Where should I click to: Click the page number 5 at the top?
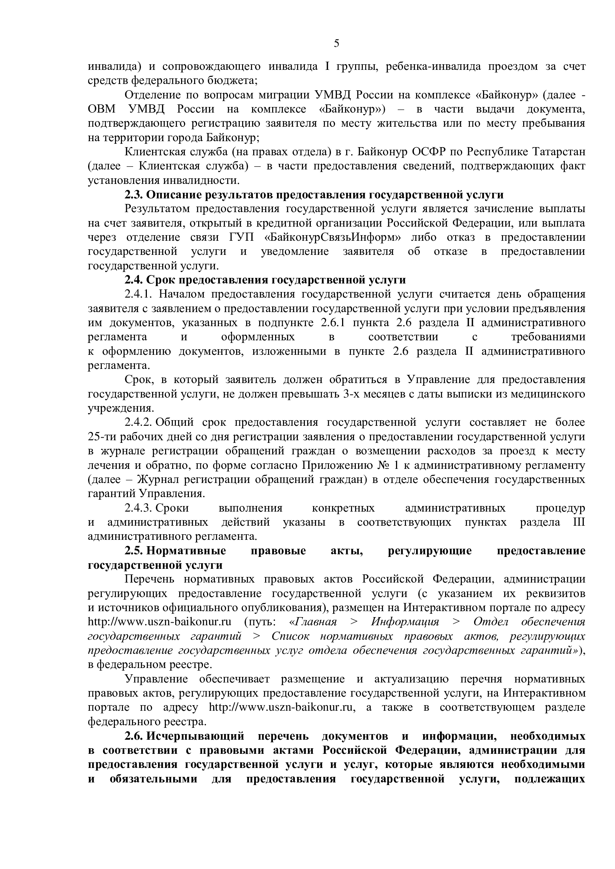[x=336, y=43]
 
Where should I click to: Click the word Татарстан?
[x=558, y=152]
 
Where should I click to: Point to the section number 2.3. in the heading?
[x=134, y=195]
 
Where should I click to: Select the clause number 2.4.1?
[x=138, y=294]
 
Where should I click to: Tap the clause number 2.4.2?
[x=138, y=422]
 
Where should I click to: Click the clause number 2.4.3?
[x=138, y=508]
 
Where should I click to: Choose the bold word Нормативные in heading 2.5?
[x=186, y=551]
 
